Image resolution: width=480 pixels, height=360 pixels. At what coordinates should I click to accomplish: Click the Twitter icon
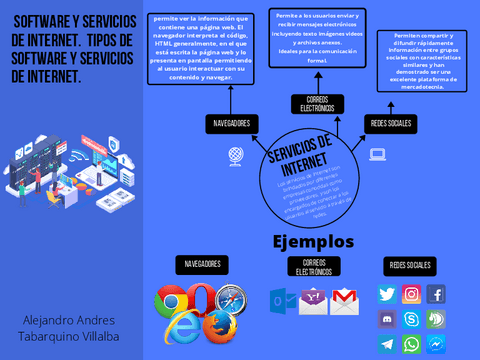point(387,294)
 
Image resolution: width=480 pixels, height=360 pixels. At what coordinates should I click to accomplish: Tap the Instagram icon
point(411,294)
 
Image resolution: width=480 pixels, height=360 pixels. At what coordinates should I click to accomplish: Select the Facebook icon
point(436,294)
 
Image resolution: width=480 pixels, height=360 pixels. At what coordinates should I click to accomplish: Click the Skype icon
point(411,319)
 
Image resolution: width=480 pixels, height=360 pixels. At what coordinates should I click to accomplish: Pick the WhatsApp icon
point(411,344)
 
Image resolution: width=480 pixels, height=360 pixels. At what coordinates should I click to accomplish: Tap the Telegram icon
point(387,344)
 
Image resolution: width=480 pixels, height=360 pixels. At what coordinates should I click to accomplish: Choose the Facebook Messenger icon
point(436,344)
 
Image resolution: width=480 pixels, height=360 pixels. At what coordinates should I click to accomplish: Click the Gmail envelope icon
point(344,301)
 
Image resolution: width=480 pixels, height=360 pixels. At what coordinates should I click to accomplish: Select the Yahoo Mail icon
point(313,301)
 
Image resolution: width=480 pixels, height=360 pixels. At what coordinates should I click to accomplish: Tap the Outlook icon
point(282,301)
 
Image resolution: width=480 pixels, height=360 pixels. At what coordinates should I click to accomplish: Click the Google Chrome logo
point(172,301)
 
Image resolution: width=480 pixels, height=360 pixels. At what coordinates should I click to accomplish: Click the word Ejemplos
point(313,242)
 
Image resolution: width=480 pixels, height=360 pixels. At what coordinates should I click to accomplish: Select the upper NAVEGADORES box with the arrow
point(230,123)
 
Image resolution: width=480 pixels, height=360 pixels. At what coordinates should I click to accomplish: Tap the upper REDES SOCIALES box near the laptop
point(391,123)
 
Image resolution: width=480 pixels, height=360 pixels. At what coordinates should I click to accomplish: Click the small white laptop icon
point(378,154)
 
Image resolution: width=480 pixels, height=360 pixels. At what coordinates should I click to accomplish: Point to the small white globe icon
point(237,155)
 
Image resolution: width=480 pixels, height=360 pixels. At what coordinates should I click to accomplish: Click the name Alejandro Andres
point(69,320)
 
